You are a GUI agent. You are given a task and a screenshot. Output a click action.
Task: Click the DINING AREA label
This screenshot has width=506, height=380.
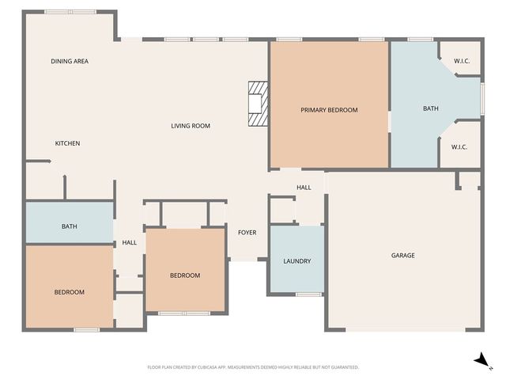tap(69, 61)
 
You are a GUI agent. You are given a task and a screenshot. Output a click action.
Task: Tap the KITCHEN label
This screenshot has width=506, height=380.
tap(67, 143)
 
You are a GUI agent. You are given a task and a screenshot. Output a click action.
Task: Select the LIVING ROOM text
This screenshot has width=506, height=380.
tap(191, 126)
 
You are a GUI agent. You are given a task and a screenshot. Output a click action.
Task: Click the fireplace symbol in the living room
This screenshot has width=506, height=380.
tap(258, 104)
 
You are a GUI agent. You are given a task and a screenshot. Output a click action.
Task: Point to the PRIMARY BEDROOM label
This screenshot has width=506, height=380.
tap(329, 110)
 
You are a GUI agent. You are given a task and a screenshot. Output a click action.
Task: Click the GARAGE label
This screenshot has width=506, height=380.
tap(402, 255)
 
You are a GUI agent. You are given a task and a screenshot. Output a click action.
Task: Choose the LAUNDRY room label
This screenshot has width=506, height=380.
tap(296, 261)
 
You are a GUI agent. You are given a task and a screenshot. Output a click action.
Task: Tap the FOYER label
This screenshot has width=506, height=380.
tap(247, 233)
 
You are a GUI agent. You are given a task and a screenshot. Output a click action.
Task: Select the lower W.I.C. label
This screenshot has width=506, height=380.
tap(460, 146)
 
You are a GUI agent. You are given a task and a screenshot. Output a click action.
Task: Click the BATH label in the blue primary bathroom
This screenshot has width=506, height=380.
tap(430, 108)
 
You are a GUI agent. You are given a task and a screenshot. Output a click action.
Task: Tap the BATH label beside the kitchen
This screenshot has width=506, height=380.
tap(70, 227)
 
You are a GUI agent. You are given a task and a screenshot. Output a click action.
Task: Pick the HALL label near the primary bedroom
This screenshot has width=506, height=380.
tap(304, 188)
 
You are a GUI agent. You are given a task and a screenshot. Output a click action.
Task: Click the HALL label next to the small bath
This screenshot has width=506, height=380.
tap(130, 243)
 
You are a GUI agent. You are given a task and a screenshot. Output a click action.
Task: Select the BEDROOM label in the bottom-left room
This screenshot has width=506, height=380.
tap(69, 292)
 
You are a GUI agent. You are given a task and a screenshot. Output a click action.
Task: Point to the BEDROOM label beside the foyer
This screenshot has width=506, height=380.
tap(185, 275)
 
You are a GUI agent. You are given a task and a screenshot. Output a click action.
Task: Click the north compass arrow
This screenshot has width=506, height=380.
tap(479, 360)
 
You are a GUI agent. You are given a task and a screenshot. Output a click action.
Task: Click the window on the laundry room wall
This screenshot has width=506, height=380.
tap(308, 294)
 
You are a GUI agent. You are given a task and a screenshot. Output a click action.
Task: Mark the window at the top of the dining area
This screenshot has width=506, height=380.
tap(70, 12)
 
